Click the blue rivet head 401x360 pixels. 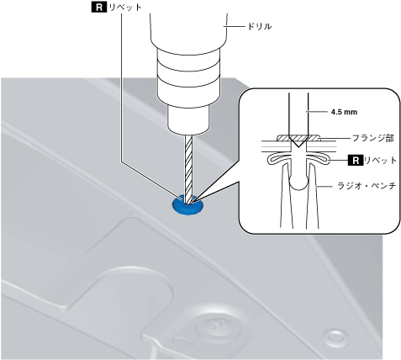point(187,207)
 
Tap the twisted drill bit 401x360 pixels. point(188,168)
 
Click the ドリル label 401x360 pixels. point(259,26)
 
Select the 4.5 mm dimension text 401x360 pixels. point(344,112)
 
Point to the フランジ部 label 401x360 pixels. point(372,138)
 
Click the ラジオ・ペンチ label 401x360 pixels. point(367,186)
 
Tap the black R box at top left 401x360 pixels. point(99,7)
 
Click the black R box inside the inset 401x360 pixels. point(356,161)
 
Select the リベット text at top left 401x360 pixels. point(125,8)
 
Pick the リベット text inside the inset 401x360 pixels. point(380,161)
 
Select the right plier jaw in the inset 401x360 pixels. point(313,196)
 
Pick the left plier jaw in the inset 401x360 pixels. point(287,196)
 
